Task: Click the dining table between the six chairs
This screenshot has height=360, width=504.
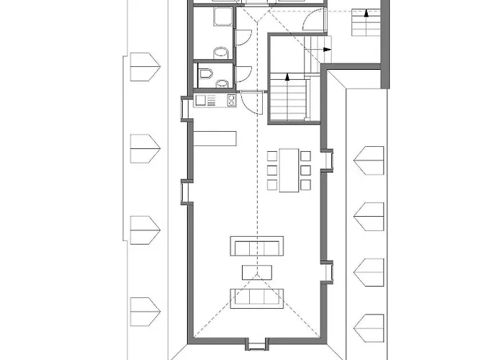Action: coord(289,170)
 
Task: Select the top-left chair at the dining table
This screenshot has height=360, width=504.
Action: coord(271,156)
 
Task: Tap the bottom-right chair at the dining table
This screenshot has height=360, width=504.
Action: coord(306,185)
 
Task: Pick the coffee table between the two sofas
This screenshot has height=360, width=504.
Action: coord(256,271)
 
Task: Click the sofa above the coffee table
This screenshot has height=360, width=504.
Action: coord(256,246)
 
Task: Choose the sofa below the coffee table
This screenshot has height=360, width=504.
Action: coord(256,297)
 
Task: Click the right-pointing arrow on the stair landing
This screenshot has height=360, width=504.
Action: coord(327,50)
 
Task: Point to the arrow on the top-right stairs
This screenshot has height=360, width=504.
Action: coord(366,12)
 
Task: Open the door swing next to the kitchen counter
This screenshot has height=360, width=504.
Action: coord(249,105)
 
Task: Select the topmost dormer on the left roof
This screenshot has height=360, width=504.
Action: coord(143,66)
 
